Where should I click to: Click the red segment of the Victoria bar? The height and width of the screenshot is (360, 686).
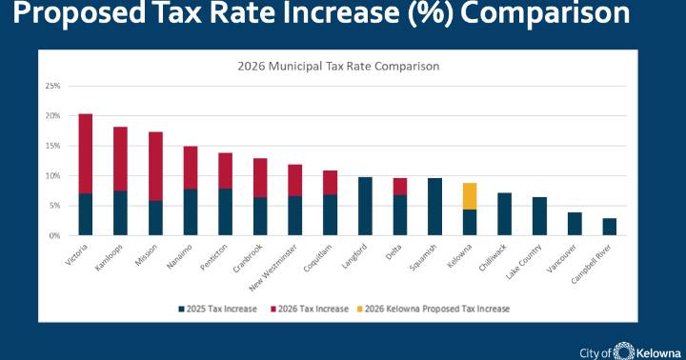(86, 153)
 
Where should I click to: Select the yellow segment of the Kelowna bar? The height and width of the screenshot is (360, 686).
(471, 196)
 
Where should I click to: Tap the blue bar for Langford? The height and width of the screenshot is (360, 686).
(365, 206)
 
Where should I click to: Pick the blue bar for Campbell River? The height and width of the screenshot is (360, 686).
(610, 227)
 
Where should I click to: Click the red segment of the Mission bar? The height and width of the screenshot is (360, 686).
(155, 166)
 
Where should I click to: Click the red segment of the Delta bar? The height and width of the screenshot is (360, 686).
(400, 186)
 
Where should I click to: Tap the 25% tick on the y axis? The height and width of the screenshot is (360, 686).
(53, 86)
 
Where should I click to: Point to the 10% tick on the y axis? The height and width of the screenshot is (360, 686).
(53, 175)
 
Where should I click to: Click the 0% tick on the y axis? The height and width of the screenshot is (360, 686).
(55, 235)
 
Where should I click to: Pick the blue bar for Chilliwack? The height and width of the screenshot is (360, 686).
(505, 213)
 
